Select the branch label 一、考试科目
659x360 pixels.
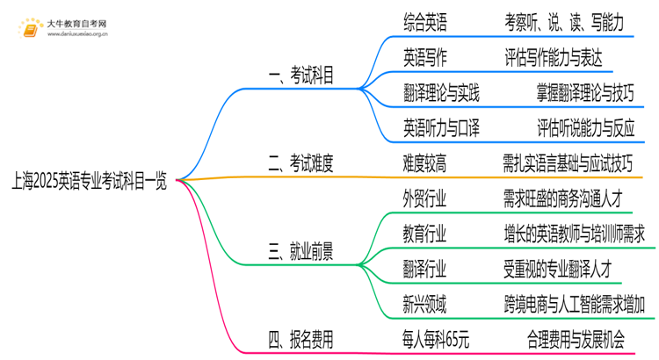[299, 76]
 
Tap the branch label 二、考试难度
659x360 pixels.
[299, 162]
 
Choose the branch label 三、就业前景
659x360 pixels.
[299, 252]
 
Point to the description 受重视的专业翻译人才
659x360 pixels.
[562, 269]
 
